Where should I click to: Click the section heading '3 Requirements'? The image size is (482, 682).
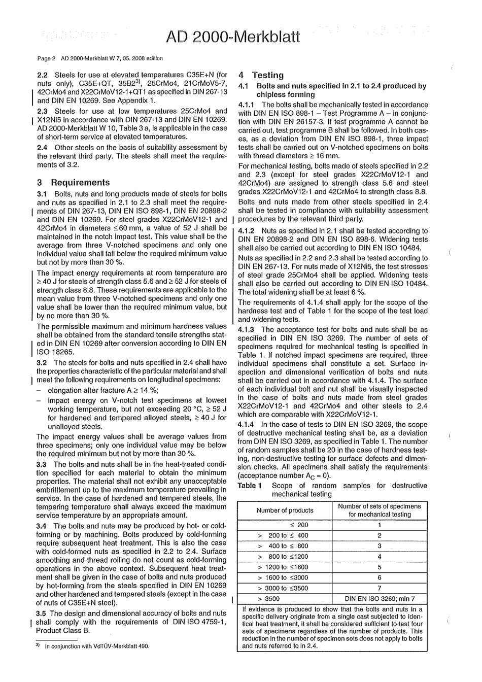coord(74,183)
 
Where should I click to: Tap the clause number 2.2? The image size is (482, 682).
coord(43,75)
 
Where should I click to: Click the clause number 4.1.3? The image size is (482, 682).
coord(248,329)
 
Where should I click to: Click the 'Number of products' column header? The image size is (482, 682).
coord(285,510)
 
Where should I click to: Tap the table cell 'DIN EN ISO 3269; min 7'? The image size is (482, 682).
coord(380,599)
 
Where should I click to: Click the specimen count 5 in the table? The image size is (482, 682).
coord(380,567)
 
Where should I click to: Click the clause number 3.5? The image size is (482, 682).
coord(43,613)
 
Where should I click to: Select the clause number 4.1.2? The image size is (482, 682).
coord(248,230)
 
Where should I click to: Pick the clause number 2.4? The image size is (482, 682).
coord(43,147)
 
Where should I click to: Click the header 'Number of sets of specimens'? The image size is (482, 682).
coord(380,506)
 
